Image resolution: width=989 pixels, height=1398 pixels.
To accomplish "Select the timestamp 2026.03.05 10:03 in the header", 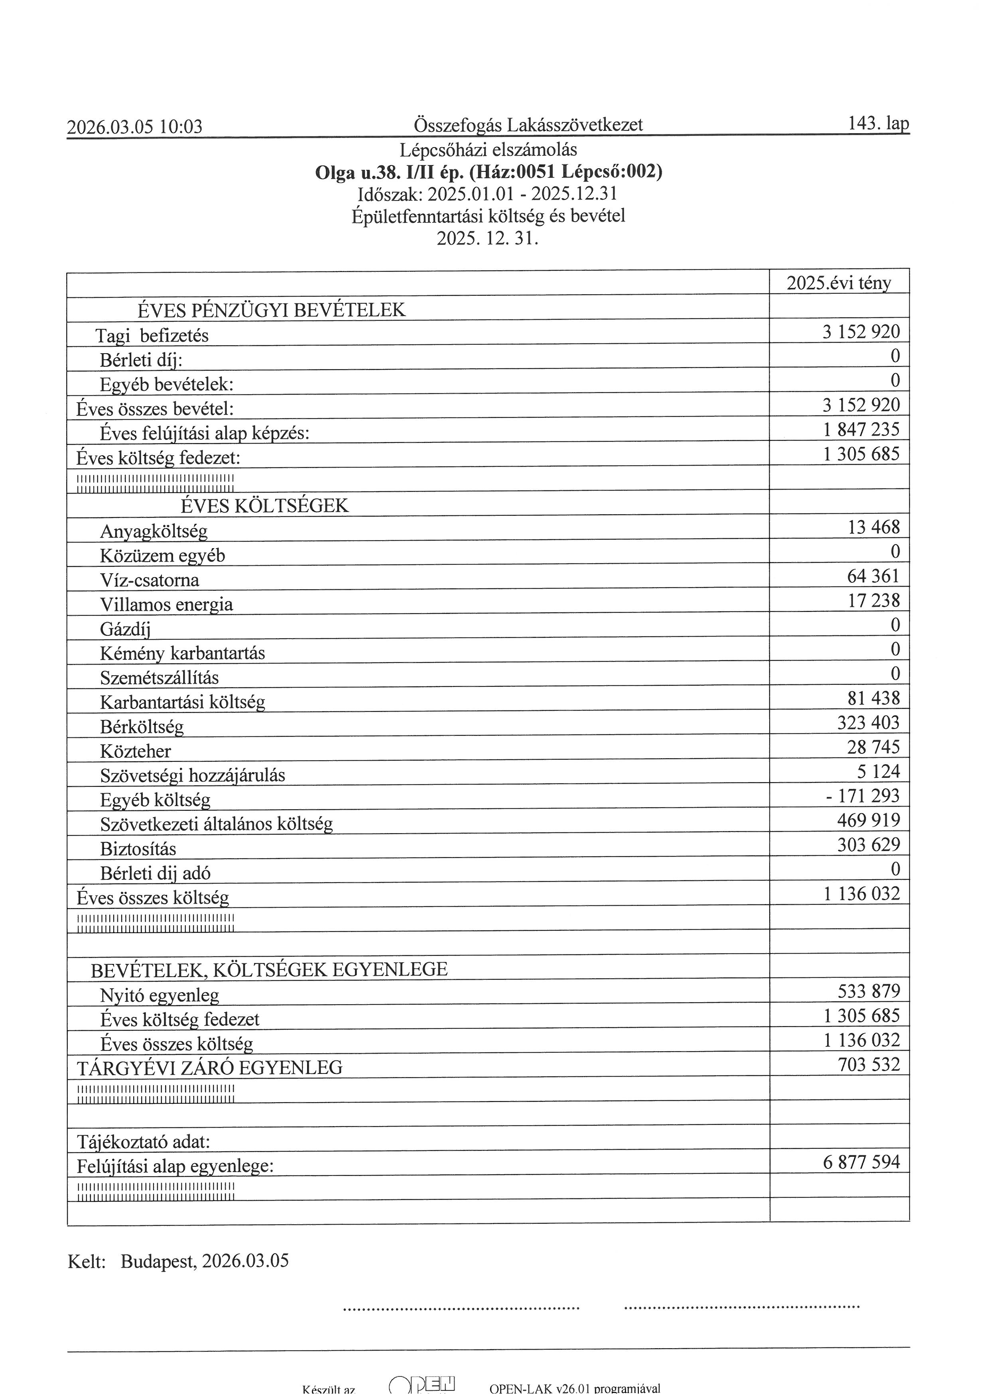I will (134, 127).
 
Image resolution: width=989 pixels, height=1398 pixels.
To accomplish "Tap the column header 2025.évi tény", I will (839, 283).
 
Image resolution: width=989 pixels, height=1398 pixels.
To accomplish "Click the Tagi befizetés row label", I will (152, 336).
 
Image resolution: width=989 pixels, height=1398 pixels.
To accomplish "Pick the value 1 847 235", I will (861, 430).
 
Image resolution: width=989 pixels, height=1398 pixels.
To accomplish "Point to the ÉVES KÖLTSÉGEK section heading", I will (264, 506).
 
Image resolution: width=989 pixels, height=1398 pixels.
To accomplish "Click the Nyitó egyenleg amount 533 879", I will (869, 991).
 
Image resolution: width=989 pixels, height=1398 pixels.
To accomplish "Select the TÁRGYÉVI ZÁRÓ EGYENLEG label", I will (209, 1068).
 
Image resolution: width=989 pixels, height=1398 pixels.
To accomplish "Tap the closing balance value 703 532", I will (869, 1064).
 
